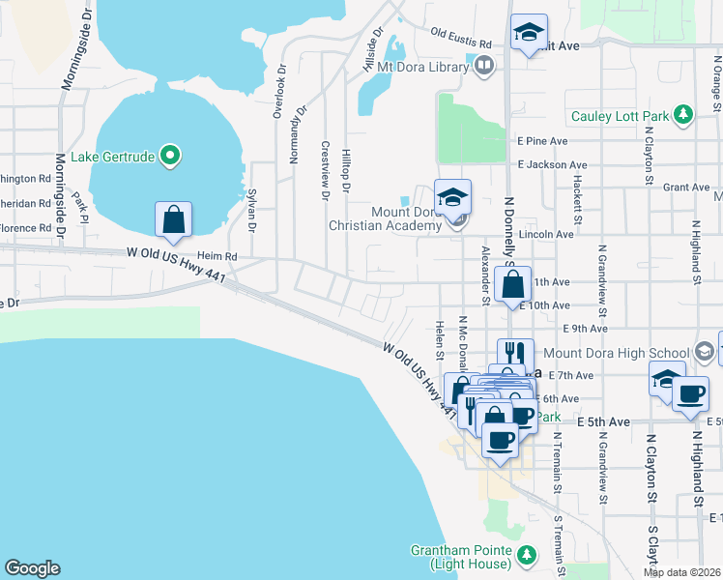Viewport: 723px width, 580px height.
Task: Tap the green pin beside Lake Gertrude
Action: tap(171, 155)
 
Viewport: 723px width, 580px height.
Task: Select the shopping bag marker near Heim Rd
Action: tap(173, 219)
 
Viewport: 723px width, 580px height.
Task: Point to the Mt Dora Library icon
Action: tap(484, 66)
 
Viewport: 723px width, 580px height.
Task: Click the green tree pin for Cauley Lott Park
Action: tap(683, 116)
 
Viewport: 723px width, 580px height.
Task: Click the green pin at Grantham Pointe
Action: tap(526, 555)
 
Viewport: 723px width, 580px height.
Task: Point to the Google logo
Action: tap(32, 568)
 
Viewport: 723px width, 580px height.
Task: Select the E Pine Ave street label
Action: tap(541, 141)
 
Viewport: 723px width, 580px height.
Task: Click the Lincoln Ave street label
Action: tap(545, 234)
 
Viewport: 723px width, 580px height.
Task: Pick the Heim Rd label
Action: tap(217, 256)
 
